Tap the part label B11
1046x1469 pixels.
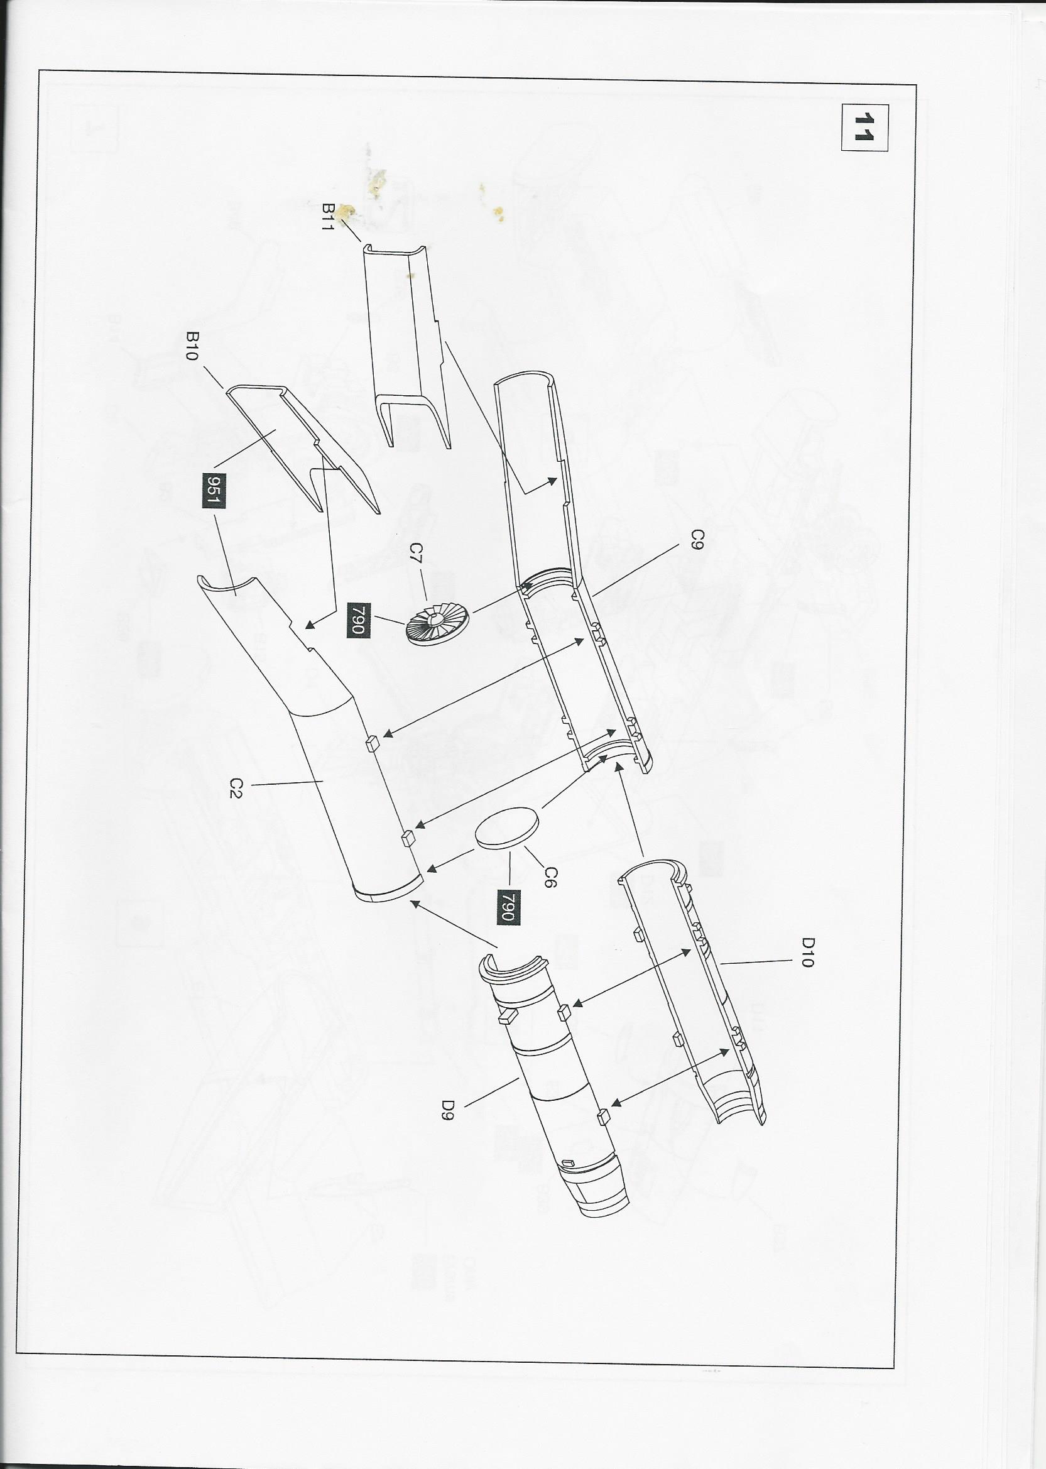pos(330,218)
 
